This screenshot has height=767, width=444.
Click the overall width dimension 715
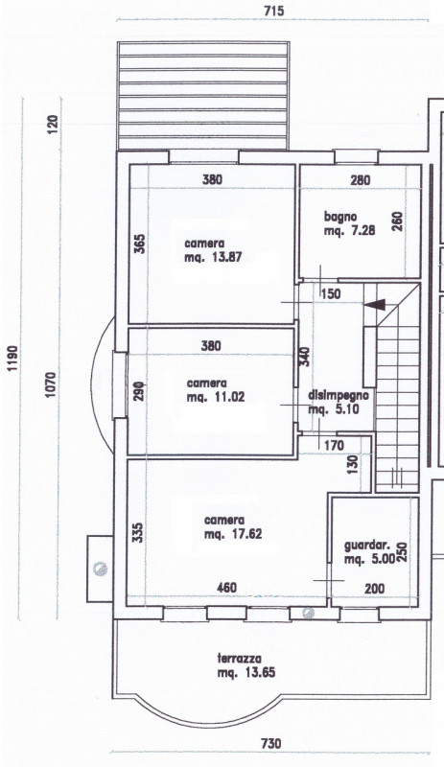[273, 11]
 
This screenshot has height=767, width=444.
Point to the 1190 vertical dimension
[13, 359]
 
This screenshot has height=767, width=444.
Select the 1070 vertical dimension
[52, 384]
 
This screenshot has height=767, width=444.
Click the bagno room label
[340, 217]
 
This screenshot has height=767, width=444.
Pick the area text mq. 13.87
[213, 257]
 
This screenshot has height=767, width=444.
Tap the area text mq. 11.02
[216, 397]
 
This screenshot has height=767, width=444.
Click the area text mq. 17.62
[233, 534]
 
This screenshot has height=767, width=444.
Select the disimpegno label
[339, 395]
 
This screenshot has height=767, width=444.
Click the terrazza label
[240, 659]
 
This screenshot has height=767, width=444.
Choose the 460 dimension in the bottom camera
[226, 587]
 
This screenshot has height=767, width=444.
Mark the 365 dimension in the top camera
[139, 244]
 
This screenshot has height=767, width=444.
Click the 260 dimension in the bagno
[397, 221]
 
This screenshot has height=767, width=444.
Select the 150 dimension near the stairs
[331, 294]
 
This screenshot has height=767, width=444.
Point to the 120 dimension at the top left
[53, 125]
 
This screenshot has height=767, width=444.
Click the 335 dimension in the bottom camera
[138, 532]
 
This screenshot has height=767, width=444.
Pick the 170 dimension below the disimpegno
[335, 446]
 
